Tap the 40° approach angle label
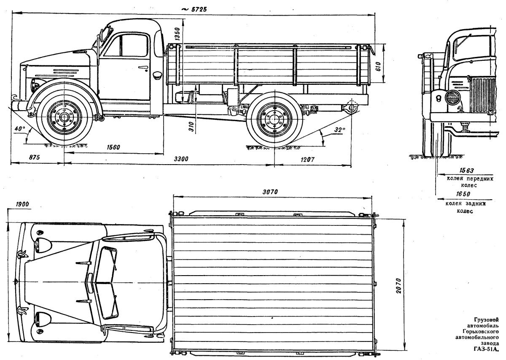[x=19, y=128]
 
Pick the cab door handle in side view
[x=143, y=68]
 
